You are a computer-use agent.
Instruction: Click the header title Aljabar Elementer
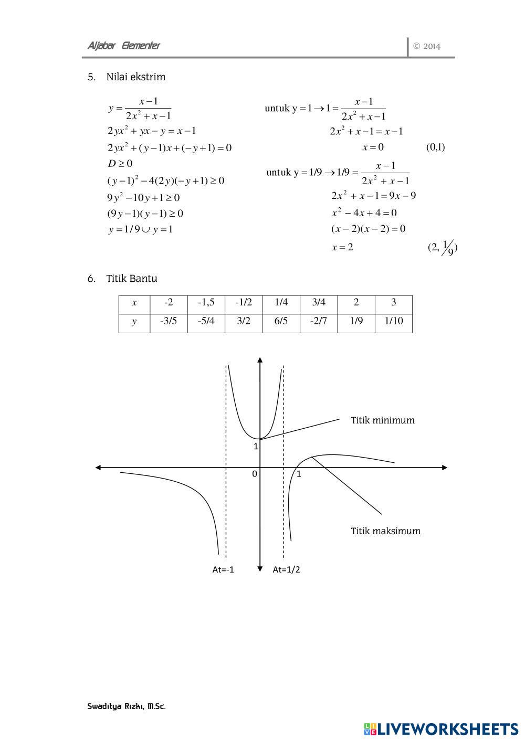[x=123, y=46]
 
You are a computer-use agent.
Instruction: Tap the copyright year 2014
[x=427, y=46]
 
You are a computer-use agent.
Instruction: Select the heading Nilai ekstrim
[x=135, y=77]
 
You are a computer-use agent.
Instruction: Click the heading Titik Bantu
[x=131, y=279]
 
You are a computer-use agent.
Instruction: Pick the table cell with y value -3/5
[x=168, y=321]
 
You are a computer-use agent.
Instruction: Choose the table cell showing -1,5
[x=206, y=302]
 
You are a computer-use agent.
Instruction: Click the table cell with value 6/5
[x=281, y=321]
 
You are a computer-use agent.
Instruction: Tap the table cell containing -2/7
[x=318, y=321]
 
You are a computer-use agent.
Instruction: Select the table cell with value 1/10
[x=393, y=321]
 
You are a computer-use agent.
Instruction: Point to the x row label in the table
[x=134, y=302]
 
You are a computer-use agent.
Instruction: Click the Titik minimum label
[x=383, y=420]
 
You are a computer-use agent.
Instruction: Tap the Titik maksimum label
[x=385, y=531]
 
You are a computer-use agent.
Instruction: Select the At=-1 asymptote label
[x=223, y=570]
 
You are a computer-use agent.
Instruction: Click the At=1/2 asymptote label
[x=286, y=570]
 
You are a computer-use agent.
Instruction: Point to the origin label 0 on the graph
[x=255, y=474]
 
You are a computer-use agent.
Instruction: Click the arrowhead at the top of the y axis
[x=260, y=359]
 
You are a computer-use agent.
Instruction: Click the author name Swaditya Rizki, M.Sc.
[x=127, y=706]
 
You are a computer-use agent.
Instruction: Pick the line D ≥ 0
[x=120, y=164]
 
